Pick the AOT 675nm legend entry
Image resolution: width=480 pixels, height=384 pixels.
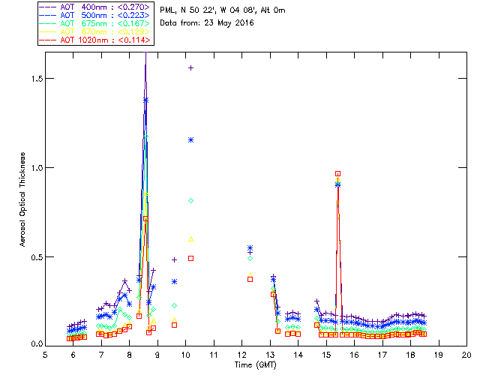pos(95,22)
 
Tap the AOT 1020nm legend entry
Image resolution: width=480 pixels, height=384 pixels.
pos(95,40)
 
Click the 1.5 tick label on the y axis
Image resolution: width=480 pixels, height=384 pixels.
pos(34,79)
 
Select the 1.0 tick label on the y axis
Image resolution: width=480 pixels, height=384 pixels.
pos(34,168)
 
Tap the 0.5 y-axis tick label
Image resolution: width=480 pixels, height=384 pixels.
pos(34,256)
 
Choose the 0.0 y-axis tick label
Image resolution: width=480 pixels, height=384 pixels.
pos(34,345)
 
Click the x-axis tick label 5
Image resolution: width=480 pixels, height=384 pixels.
pos(45,354)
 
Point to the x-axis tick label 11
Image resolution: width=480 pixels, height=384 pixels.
pos(214,354)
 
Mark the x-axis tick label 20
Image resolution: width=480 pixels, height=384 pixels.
pos(466,354)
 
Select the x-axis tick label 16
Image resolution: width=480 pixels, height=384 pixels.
pos(354,354)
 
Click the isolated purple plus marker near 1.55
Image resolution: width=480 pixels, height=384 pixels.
pos(191,67)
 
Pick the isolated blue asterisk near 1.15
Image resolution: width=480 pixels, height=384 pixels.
pos(191,139)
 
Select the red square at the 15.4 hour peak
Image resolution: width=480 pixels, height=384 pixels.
pos(338,173)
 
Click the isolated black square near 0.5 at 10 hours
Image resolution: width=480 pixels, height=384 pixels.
pos(191,258)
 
